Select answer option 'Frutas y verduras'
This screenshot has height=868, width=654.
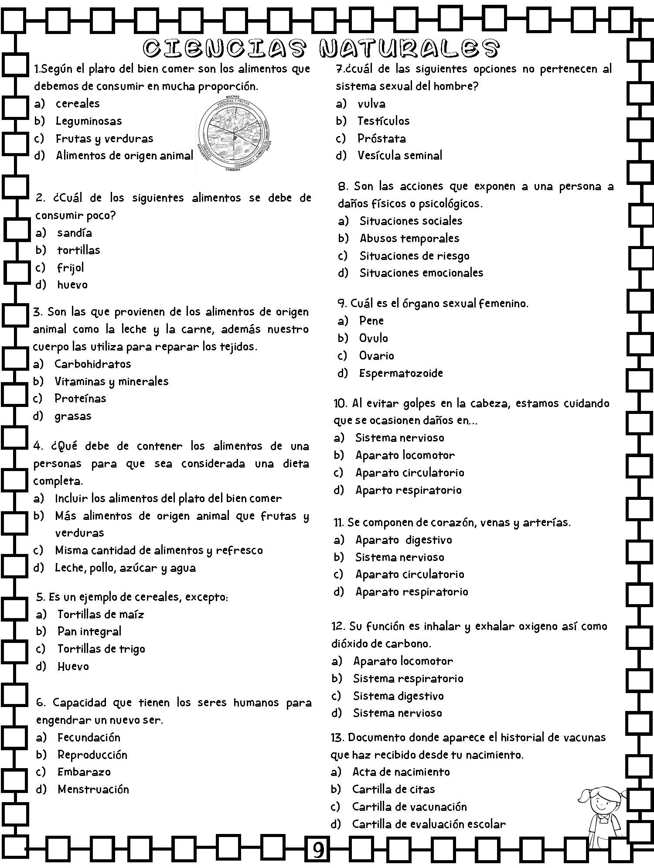(104, 139)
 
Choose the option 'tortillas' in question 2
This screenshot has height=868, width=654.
(78, 250)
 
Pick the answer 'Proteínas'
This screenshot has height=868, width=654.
(80, 398)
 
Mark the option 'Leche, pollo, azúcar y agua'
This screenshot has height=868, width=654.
(125, 568)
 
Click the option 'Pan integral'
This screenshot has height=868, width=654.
(89, 631)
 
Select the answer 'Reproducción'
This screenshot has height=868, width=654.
(92, 755)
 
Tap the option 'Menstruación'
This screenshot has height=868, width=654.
(93, 789)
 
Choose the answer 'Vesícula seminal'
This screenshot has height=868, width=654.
(400, 155)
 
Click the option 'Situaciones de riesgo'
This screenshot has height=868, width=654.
(414, 256)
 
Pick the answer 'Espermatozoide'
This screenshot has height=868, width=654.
(401, 373)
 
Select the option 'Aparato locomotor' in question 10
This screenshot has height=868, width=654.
(405, 455)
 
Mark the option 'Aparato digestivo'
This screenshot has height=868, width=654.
(404, 540)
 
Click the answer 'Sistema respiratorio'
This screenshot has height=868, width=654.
(408, 678)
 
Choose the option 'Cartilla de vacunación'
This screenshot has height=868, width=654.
(409, 806)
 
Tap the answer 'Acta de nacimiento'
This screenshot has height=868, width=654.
(401, 772)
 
